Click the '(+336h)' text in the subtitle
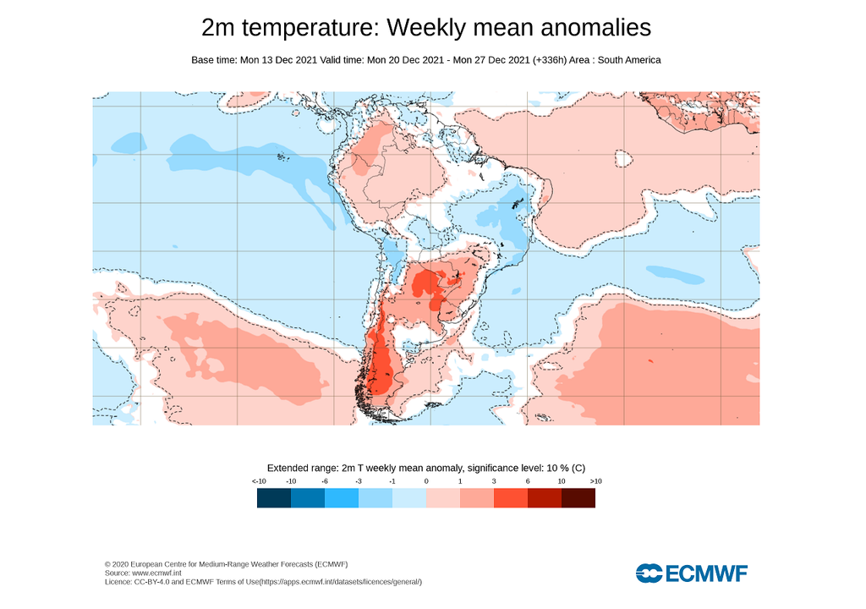552,60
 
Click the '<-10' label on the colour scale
259,481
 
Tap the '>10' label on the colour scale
595,481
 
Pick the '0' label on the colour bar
425,481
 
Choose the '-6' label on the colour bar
325,481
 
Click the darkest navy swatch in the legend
274,498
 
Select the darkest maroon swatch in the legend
578,498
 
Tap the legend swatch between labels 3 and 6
510,498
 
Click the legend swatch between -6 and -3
342,498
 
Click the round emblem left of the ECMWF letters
649,573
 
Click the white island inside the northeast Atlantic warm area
623,158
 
